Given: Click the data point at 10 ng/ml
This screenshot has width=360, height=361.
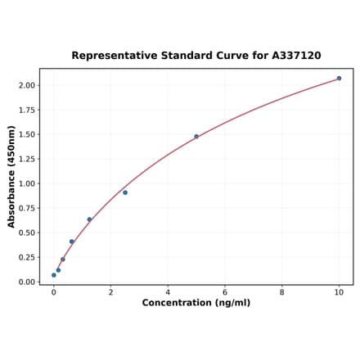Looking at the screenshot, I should tap(339, 79).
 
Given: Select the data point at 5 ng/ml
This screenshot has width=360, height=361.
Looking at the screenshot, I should tap(196, 136).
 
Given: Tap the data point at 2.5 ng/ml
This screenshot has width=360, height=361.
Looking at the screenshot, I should tap(125, 192).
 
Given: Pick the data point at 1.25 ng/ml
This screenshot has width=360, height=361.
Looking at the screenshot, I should tap(89, 219).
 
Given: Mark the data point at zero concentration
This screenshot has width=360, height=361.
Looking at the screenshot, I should tap(54, 275).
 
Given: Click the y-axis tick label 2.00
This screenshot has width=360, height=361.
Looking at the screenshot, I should tap(26, 85).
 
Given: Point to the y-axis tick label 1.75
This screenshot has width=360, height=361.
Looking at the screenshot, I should tap(26, 110).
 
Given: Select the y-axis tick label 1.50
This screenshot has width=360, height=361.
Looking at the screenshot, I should tap(26, 134).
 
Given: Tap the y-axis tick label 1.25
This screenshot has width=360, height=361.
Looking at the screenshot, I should tap(26, 159).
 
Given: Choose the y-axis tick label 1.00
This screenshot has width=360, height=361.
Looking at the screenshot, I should tap(26, 183).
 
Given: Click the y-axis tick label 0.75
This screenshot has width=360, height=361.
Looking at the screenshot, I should tap(26, 208).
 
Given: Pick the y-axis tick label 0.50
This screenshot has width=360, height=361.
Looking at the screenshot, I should tap(26, 232).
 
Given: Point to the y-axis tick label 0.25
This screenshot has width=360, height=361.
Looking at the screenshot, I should tap(26, 257).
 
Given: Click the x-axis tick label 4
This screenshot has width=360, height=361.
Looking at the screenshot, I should tap(168, 291).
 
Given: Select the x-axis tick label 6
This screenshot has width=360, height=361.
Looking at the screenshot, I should tap(225, 291).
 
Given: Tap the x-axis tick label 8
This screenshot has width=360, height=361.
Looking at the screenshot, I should tap(282, 291).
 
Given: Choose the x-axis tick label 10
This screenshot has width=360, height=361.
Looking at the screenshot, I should tap(339, 291).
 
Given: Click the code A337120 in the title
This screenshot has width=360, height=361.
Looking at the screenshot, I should tap(292, 56).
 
